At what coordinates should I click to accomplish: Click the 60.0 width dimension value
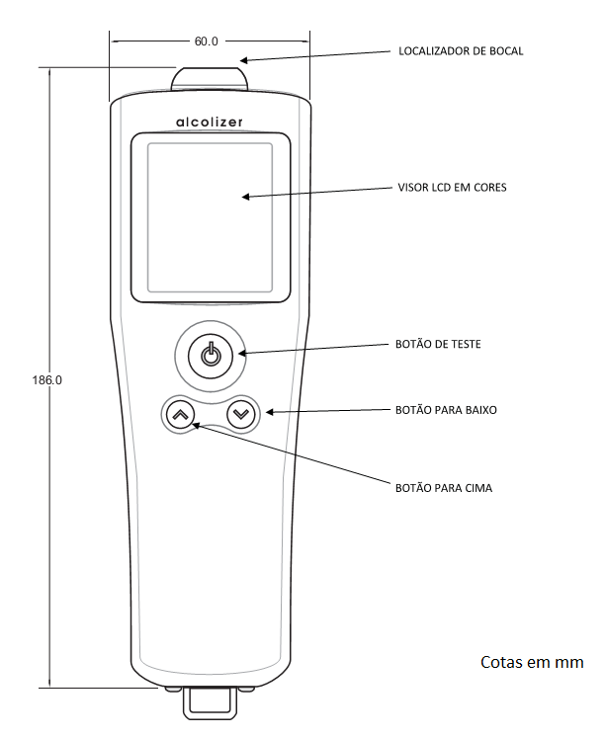pyautogui.click(x=207, y=41)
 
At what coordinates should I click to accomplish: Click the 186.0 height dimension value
pyautogui.click(x=47, y=379)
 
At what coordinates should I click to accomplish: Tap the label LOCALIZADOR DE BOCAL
pyautogui.click(x=461, y=50)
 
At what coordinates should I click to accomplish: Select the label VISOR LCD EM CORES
pyautogui.click(x=452, y=188)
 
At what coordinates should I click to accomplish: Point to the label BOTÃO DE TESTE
pyautogui.click(x=438, y=344)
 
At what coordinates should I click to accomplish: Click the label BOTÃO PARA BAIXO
pyautogui.click(x=446, y=410)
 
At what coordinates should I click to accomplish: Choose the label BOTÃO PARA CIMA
pyautogui.click(x=444, y=488)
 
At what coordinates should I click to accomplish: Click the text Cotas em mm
pyautogui.click(x=532, y=662)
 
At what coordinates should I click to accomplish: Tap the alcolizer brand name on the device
pyautogui.click(x=210, y=123)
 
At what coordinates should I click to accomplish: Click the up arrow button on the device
pyautogui.click(x=181, y=415)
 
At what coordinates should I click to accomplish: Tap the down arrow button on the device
pyautogui.click(x=241, y=414)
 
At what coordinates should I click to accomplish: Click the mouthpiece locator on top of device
pyautogui.click(x=209, y=78)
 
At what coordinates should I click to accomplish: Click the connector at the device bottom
pyautogui.click(x=210, y=702)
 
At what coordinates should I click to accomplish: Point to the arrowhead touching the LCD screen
pyautogui.click(x=246, y=197)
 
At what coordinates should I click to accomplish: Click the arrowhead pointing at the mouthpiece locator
pyautogui.click(x=243, y=60)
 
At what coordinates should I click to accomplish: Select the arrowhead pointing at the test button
pyautogui.click(x=242, y=353)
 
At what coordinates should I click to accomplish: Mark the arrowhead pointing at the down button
pyautogui.click(x=270, y=412)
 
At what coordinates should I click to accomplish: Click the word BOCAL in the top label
pyautogui.click(x=507, y=50)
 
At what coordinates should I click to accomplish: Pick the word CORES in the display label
pyautogui.click(x=490, y=188)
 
